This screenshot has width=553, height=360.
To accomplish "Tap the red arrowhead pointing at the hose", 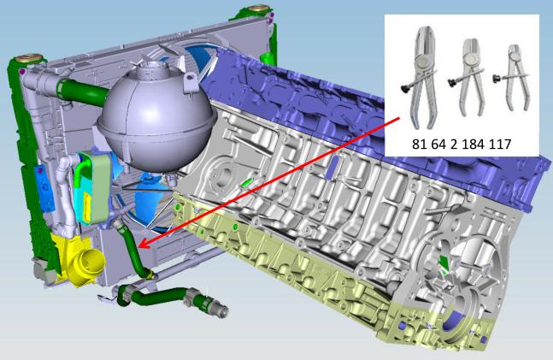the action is (x=144, y=245).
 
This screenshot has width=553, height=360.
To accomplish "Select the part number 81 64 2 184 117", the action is (x=462, y=144).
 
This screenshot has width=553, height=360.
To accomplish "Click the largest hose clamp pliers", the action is (x=422, y=77).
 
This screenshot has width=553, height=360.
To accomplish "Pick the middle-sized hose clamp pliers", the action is (x=468, y=77).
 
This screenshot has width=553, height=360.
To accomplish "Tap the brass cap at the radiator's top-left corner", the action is (x=30, y=57).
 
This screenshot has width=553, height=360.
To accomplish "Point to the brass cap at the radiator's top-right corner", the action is (x=258, y=8).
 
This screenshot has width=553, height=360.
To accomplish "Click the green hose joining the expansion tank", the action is (x=83, y=91).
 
